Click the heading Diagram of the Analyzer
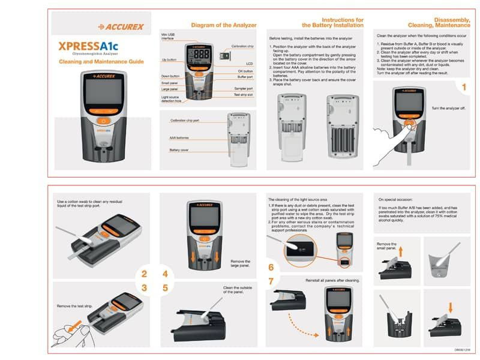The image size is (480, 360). [x=223, y=25]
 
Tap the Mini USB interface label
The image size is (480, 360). [x=168, y=37]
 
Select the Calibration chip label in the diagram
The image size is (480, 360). [x=242, y=46]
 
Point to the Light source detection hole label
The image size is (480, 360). [x=171, y=98]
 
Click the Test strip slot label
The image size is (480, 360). [x=243, y=95]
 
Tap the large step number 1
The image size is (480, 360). [x=463, y=88]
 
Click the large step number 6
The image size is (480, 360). [x=271, y=267]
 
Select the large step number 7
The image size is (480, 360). [x=271, y=281]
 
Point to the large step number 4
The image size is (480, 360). [x=164, y=274]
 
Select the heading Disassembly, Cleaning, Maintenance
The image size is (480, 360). [x=439, y=23]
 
